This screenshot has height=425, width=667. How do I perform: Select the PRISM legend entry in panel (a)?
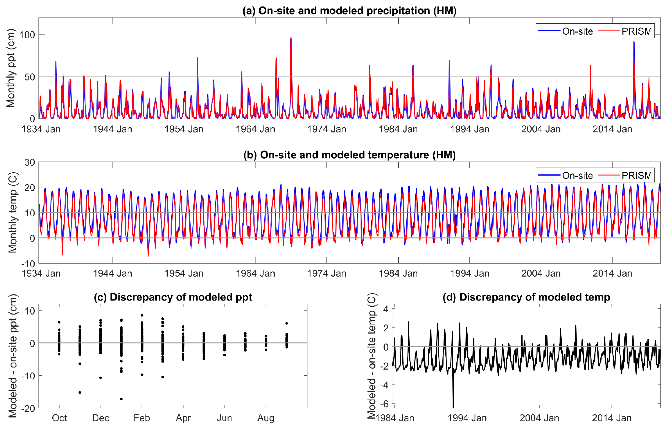636,31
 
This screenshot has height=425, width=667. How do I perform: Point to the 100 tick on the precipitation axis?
27,35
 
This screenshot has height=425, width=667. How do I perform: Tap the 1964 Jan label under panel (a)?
255,129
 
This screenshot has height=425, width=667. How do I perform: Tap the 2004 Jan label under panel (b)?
541,273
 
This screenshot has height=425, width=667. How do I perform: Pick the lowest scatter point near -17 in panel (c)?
121,399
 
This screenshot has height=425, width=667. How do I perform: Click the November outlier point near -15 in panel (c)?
80,392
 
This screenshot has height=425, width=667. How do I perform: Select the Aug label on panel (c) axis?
266,418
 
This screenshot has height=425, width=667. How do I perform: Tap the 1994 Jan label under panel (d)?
467,418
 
